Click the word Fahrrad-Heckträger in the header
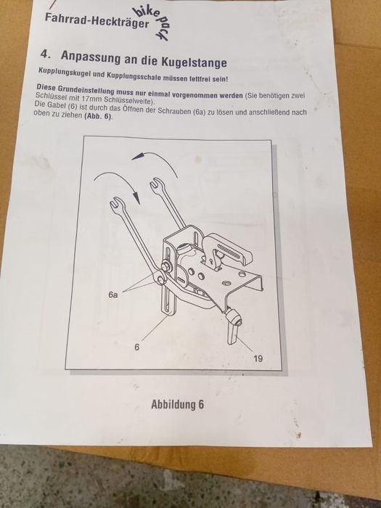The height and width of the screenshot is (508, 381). (97, 20)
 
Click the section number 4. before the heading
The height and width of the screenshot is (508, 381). (45, 54)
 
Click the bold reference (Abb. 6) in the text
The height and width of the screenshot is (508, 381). (98, 117)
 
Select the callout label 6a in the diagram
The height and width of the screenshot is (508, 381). (113, 295)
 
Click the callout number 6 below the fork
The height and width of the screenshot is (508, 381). (137, 347)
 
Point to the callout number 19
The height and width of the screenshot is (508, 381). (258, 359)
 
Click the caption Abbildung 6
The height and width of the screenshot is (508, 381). (178, 405)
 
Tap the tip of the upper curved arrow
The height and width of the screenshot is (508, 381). (132, 158)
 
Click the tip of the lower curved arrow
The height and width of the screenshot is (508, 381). (139, 203)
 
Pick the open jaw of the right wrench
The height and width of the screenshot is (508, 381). (157, 183)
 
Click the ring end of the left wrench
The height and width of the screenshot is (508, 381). (160, 278)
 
